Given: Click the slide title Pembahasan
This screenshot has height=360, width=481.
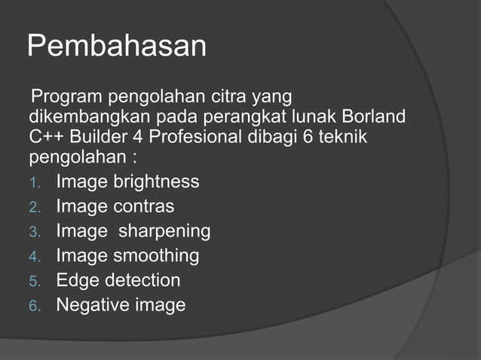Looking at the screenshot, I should [x=117, y=47].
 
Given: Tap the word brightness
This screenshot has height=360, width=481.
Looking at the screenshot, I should [x=156, y=182].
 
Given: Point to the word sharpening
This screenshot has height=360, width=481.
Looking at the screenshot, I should [x=164, y=231].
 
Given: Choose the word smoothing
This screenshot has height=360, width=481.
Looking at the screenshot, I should [x=156, y=256].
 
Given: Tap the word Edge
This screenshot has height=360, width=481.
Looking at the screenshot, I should [x=78, y=281].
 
